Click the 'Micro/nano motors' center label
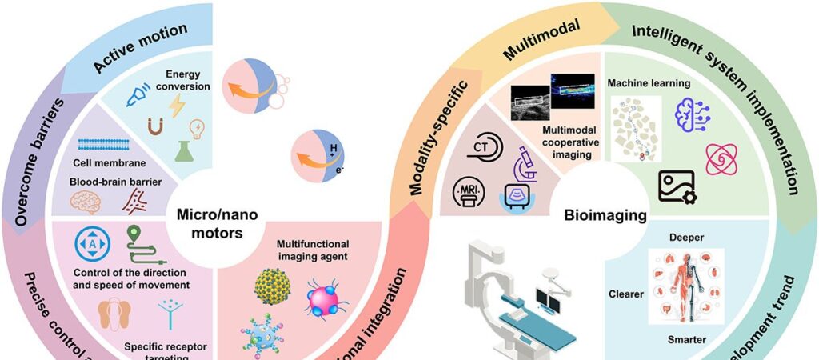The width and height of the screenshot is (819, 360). [x=207, y=225]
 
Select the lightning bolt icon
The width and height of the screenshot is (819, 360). [x=177, y=106]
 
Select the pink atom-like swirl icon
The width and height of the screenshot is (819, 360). [x=721, y=158]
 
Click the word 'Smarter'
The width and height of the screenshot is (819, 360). [x=686, y=340]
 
